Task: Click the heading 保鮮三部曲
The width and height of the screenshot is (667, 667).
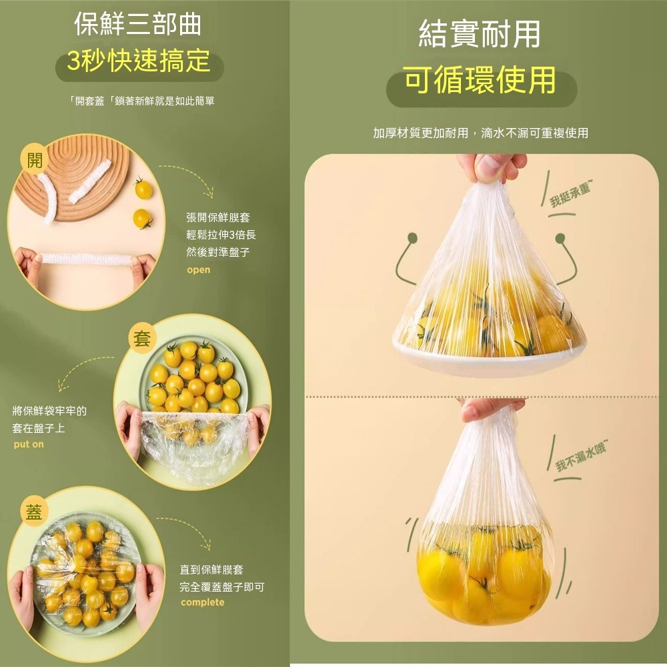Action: point(138,25)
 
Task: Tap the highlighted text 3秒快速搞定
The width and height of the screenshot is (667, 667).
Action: point(139,63)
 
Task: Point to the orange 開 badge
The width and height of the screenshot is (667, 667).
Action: point(33,160)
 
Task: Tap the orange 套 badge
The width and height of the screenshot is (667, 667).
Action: point(141,339)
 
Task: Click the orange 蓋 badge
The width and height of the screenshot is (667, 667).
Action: point(33,511)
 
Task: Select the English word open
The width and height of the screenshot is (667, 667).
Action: point(198,270)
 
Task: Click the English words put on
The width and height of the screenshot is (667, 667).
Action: point(29,444)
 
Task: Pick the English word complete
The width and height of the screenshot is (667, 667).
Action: point(202,603)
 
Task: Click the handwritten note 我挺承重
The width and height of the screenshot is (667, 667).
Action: point(569,195)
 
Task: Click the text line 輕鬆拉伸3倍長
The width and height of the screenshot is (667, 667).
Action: point(221,235)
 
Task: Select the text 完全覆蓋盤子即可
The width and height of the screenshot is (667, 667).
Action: point(222,587)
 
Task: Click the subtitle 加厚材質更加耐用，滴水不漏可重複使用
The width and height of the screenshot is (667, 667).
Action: point(480,133)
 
